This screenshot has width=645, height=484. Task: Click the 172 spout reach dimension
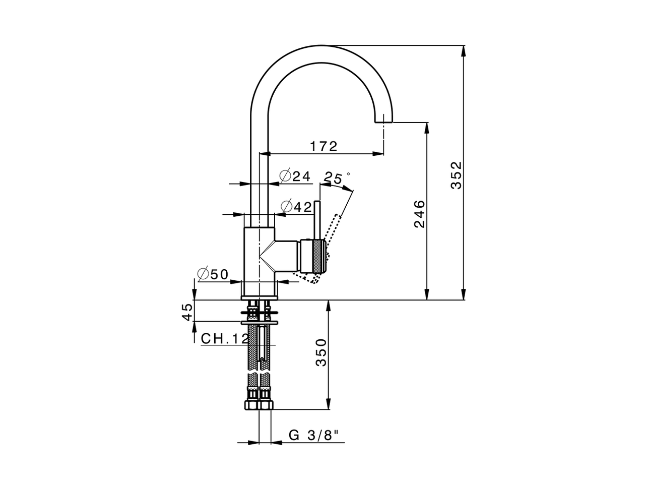pyautogui.click(x=323, y=146)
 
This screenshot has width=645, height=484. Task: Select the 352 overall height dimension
pyautogui.click(x=456, y=175)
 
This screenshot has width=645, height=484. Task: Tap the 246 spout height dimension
pyautogui.click(x=419, y=214)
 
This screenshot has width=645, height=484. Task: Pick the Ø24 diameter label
pyautogui.click(x=295, y=176)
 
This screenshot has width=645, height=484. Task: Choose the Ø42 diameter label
pyautogui.click(x=296, y=206)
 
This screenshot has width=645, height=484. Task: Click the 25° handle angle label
pyautogui.click(x=336, y=177)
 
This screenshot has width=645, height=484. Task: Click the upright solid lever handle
pyautogui.click(x=318, y=219)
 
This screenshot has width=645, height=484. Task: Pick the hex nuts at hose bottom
pyautogui.click(x=258, y=404)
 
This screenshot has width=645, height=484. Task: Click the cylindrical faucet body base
pyautogui.click(x=259, y=262)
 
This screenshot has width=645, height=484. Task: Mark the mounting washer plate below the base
pyautogui.click(x=260, y=321)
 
